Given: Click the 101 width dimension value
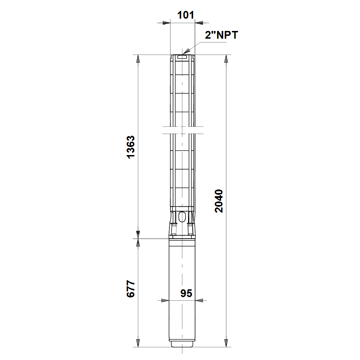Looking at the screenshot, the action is point(186,15).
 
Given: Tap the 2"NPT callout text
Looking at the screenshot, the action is point(221,35).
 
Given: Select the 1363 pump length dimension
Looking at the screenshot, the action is point(131,147).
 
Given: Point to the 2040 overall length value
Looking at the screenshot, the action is point(219,201).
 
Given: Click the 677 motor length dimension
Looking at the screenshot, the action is point(131,289).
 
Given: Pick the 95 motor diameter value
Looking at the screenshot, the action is point(186,293).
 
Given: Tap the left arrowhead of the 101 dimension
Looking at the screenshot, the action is point(166,23).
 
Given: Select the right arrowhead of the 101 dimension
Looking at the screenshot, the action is point(199,23).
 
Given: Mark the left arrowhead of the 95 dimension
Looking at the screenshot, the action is point(165,300).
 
